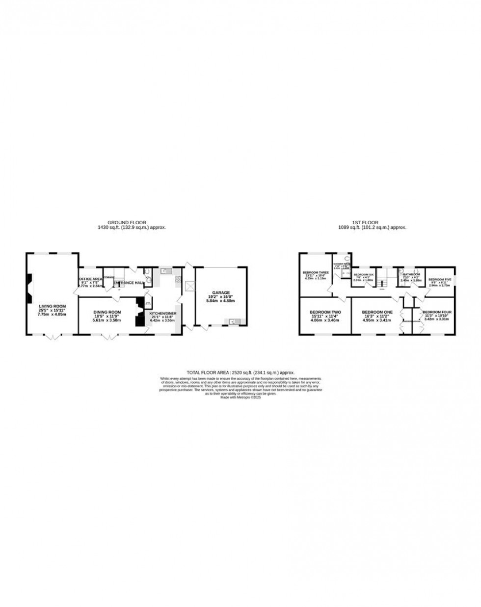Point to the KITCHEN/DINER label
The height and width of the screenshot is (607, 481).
point(163,313)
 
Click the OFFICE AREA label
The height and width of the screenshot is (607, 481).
point(91,279)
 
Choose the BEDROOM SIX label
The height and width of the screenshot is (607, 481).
point(364,274)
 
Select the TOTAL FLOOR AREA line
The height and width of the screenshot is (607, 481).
point(240,373)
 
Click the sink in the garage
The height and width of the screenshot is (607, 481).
point(231,322)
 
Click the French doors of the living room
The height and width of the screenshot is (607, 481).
point(53,338)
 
